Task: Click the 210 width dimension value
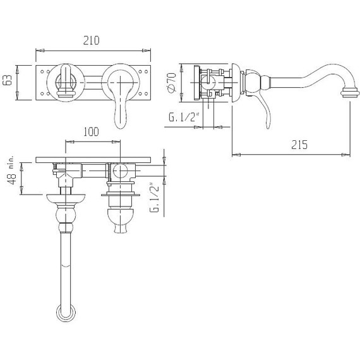[91, 40]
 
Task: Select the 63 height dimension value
[8, 80]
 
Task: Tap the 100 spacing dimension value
[91, 131]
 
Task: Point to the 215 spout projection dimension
[299, 145]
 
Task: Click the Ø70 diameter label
[172, 83]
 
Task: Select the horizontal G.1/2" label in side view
[183, 117]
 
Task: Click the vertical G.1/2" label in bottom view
[154, 198]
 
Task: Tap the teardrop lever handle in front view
[120, 108]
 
